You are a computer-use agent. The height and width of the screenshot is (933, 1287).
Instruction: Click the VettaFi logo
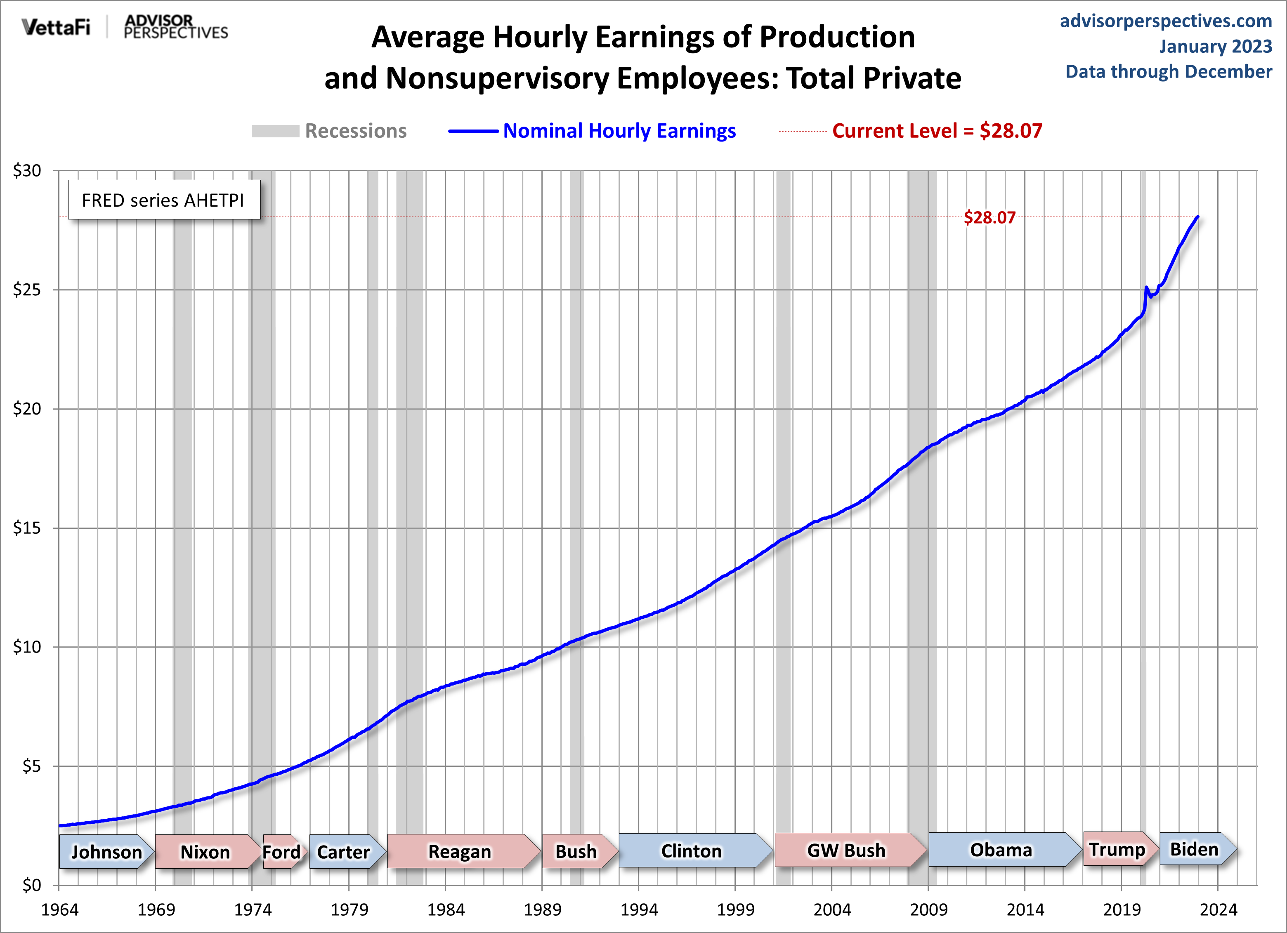pos(56,27)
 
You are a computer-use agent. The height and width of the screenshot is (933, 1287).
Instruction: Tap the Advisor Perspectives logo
pos(175,27)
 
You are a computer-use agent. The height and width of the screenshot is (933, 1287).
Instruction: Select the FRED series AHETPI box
pos(163,200)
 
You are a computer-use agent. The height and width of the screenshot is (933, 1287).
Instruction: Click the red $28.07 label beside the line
pos(989,217)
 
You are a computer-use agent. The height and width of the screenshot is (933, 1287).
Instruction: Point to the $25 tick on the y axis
pos(27,290)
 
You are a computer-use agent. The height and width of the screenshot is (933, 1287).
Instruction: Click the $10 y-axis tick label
pos(27,647)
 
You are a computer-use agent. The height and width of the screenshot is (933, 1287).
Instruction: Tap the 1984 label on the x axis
pos(446,910)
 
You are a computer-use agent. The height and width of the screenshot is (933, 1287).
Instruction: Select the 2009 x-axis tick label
pos(928,910)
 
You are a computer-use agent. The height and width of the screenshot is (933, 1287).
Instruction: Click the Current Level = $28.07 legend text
pos(937,131)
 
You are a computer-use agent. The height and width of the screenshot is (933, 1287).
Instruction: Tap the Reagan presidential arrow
pos(460,851)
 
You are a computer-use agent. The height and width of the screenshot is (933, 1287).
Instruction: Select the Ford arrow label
pos(281,852)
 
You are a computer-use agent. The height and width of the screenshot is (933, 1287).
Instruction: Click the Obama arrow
pos(1001,850)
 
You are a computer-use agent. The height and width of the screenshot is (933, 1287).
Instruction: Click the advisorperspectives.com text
pos(1166,21)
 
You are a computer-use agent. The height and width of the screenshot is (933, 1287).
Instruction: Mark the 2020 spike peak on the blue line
pos(1146,287)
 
